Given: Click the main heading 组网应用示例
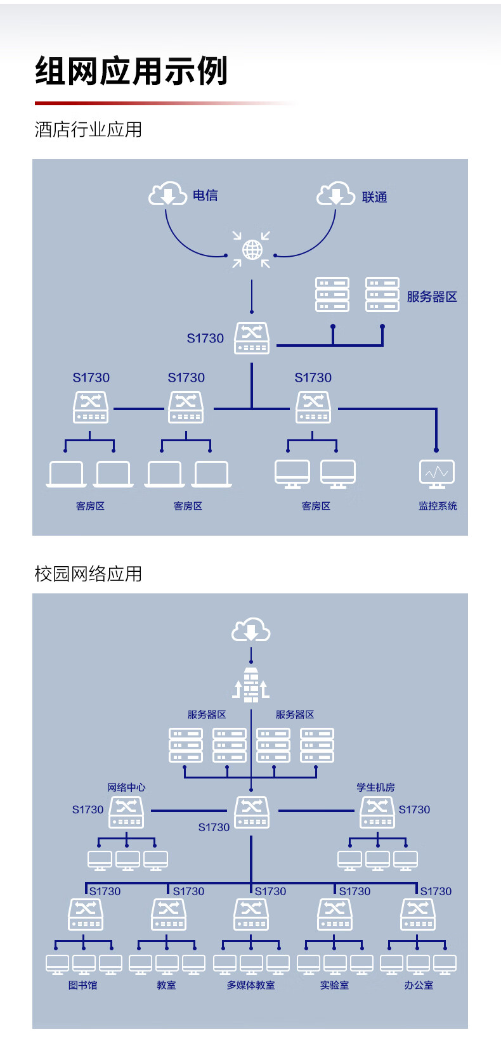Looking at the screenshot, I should (131, 70).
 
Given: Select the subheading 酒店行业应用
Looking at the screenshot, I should (88, 130).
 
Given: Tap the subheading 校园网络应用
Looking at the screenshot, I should (88, 574).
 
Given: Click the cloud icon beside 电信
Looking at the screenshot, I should (167, 193).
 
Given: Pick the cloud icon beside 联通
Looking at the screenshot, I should (335, 193).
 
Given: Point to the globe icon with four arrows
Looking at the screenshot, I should (252, 250).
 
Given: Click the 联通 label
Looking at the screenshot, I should (374, 197).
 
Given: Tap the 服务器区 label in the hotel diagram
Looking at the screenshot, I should (432, 297).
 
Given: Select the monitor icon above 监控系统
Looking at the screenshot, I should (437, 474).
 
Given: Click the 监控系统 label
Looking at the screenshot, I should (438, 506).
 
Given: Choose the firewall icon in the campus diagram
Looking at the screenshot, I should (251, 685).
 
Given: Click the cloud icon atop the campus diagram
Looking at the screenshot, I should (251, 630).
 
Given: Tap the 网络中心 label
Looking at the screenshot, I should (126, 787).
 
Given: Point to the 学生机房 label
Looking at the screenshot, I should (375, 787).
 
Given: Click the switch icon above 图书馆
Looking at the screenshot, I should (86, 914).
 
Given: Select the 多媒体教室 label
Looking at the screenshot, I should (251, 985).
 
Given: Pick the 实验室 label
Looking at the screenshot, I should (334, 985).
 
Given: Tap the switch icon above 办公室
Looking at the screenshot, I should (418, 914).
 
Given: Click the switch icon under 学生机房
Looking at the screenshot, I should (377, 812).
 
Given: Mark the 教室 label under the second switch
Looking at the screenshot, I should (167, 985).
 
